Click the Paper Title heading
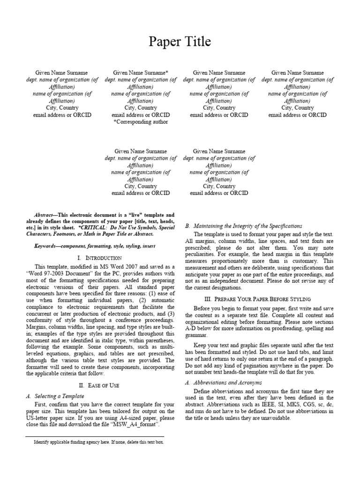coord(180,42)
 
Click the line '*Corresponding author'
coord(141,122)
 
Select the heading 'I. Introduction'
coord(99,258)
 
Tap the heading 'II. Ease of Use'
coord(99,385)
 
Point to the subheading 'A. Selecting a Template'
coord(55,396)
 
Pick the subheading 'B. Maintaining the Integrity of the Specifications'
coord(244,226)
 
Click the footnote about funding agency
coord(98,442)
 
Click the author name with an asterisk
coord(141,73)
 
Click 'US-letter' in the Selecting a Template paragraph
coord(38,417)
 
